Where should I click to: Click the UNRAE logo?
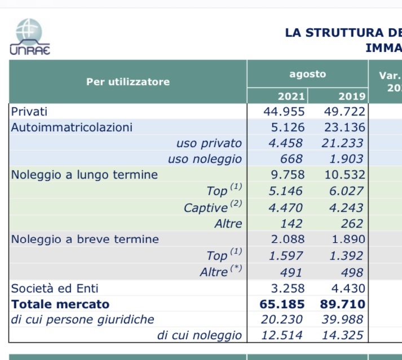coord(30,37)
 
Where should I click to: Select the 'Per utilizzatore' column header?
coord(128,82)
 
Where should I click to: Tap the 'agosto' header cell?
coord(308,74)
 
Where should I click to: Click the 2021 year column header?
coord(291,96)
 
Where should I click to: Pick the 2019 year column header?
coord(352,96)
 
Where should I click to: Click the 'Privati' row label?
coord(29,112)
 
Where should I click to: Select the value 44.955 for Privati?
coord(284,112)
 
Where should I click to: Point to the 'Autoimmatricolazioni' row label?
coord(72,127)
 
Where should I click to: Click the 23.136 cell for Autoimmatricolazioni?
coord(344,127)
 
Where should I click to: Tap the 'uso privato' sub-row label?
coord(209,143)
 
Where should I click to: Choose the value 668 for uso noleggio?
coord(291,159)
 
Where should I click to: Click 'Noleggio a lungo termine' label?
coord(85,175)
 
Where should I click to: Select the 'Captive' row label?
coord(213,207)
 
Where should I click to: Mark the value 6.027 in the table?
coord(346,191)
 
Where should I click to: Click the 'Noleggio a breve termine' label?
coord(85,239)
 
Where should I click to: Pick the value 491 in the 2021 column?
coord(291,272)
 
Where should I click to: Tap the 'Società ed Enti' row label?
coord(55,288)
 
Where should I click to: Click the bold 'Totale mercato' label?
coord(60,304)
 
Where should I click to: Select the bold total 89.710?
coord(343,304)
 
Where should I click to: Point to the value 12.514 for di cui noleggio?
coord(282,335)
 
